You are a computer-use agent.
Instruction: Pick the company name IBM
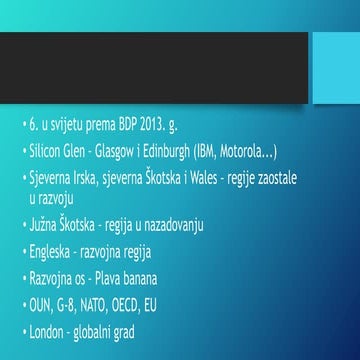coord(212,152)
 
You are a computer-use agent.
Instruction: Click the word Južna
coord(45,224)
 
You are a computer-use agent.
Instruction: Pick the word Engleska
coord(55,251)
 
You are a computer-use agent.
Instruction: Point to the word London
coord(50,331)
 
